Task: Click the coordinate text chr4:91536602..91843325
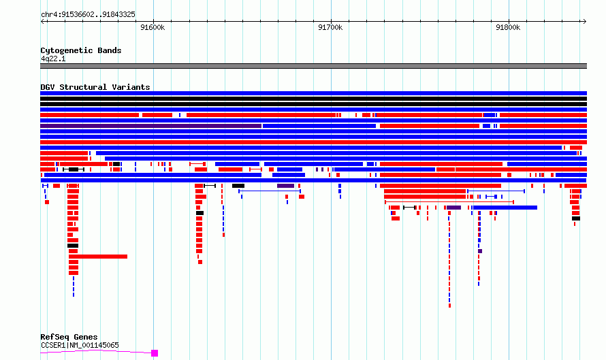pyautogui.click(x=88, y=15)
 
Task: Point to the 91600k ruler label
pyautogui.click(x=153, y=27)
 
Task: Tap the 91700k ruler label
pyautogui.click(x=330, y=27)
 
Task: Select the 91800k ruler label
pyautogui.click(x=508, y=27)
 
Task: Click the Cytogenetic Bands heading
pyautogui.click(x=81, y=50)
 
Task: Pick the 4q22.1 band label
pyautogui.click(x=53, y=59)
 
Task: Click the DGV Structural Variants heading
pyautogui.click(x=95, y=87)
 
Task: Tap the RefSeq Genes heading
pyautogui.click(x=69, y=337)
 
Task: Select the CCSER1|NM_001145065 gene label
pyautogui.click(x=80, y=345)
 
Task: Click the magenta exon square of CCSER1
pyautogui.click(x=155, y=353)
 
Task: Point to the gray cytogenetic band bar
pyautogui.click(x=313, y=66)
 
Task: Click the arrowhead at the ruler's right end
pyautogui.click(x=585, y=22)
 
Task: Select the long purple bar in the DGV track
pyautogui.click(x=150, y=126)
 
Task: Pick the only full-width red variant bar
pyautogui.click(x=313, y=142)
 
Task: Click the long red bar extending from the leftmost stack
pyautogui.click(x=98, y=257)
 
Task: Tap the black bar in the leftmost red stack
pyautogui.click(x=73, y=246)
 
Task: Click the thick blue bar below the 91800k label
pyautogui.click(x=505, y=208)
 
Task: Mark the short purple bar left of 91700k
pyautogui.click(x=285, y=186)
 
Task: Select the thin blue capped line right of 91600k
pyautogui.click(x=270, y=191)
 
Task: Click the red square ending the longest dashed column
pyautogui.click(x=449, y=306)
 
